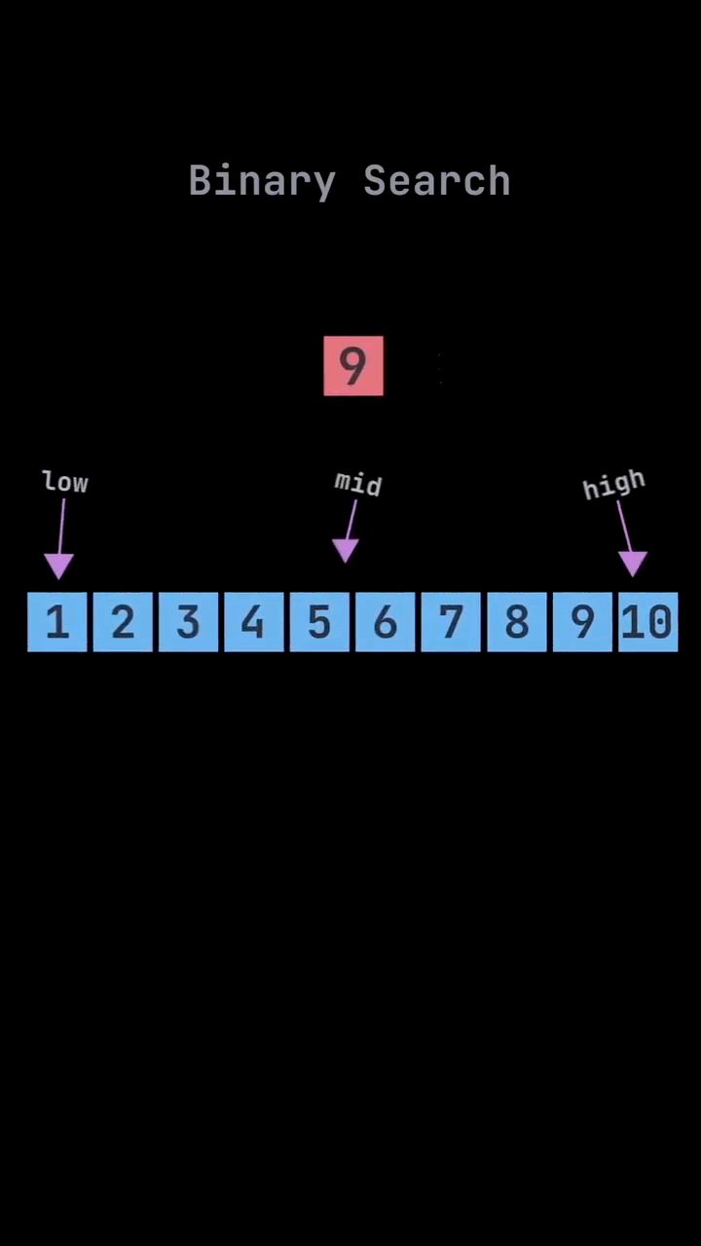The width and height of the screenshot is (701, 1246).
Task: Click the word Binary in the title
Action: tap(263, 181)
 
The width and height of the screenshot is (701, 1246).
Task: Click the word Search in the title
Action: tap(437, 180)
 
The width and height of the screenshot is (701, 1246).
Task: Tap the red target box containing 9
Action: tap(353, 365)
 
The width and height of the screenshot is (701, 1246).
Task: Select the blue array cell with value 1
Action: tap(57, 621)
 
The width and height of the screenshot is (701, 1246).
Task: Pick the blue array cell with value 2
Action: tap(123, 621)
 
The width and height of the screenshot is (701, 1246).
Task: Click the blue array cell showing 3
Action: tap(189, 621)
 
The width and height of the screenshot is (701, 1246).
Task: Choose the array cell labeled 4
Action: tap(254, 621)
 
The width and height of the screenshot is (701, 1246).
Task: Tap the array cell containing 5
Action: tap(320, 621)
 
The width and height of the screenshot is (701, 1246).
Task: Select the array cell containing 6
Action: tap(386, 621)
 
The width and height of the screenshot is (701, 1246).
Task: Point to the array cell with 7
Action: tap(451, 621)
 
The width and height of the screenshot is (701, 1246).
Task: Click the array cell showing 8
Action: tap(517, 621)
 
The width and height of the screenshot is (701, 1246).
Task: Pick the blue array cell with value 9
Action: tap(583, 621)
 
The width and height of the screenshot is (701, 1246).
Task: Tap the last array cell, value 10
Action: tap(648, 621)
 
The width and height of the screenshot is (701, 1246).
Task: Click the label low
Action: tap(65, 482)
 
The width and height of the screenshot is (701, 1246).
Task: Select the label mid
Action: tap(358, 484)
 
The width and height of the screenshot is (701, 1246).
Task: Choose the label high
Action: tap(614, 485)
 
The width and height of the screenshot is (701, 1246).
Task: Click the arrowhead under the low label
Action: tap(59, 567)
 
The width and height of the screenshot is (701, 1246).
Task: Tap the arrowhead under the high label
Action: tap(633, 564)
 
